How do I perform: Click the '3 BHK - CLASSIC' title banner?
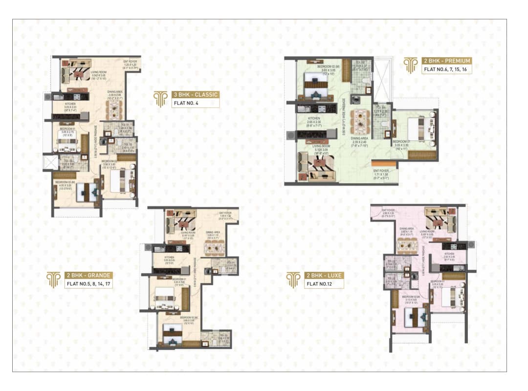[195, 94]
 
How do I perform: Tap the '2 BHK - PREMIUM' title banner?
[446, 61]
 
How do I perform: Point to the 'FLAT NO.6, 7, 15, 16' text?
[446, 69]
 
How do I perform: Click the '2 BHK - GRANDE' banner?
[88, 275]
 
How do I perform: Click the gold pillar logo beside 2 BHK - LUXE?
[293, 280]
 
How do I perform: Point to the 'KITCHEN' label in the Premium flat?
[314, 119]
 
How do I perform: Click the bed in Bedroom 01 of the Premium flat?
[414, 128]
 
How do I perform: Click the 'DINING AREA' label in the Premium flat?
[359, 138]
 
